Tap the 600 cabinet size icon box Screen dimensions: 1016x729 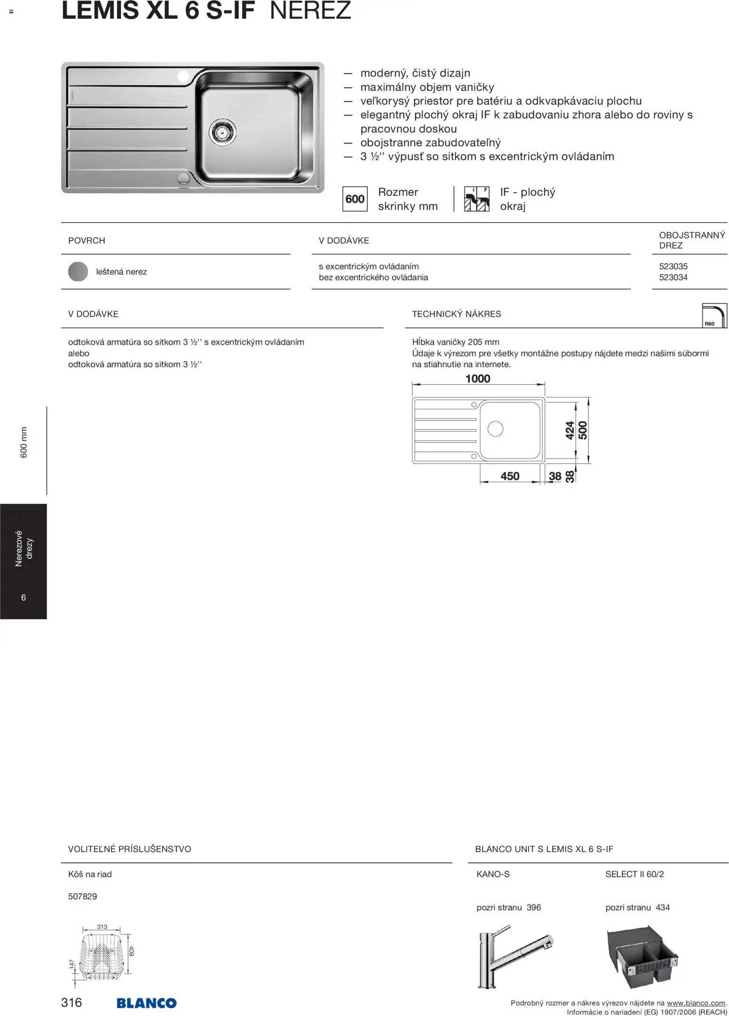tap(355, 199)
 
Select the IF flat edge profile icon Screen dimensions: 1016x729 tap(476, 199)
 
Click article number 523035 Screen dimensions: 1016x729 tap(673, 267)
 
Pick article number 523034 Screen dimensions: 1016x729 tap(673, 277)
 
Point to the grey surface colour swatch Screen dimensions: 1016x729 tap(78, 272)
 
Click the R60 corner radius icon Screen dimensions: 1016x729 tap(714, 315)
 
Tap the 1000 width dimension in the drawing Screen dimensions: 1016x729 tap(477, 379)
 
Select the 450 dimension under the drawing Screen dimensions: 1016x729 tap(510, 476)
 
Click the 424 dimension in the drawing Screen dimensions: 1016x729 tap(570, 430)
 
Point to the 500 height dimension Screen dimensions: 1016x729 tap(583, 430)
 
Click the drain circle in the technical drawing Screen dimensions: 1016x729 tap(495, 428)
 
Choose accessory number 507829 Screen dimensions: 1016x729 tap(83, 897)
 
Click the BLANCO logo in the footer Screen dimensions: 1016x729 tap(146, 1003)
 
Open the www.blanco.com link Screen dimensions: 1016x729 tap(696, 1003)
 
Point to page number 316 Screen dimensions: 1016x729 tap(71, 1002)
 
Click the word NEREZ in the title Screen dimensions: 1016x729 tap(310, 10)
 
